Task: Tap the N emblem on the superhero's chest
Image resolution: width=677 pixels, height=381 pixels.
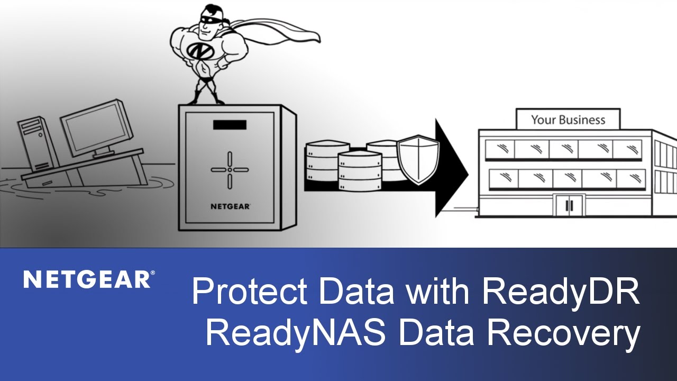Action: pyautogui.click(x=198, y=51)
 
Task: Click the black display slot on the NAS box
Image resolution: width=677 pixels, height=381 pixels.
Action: pyautogui.click(x=230, y=125)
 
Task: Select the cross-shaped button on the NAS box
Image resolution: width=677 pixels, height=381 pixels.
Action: pyautogui.click(x=230, y=169)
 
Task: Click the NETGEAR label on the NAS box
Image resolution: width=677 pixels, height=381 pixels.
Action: pyautogui.click(x=230, y=205)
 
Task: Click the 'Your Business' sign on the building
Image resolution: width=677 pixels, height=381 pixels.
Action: pyautogui.click(x=568, y=120)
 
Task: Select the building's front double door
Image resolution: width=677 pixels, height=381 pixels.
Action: pyautogui.click(x=569, y=205)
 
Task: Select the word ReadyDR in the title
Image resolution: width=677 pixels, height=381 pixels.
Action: pyautogui.click(x=561, y=292)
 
